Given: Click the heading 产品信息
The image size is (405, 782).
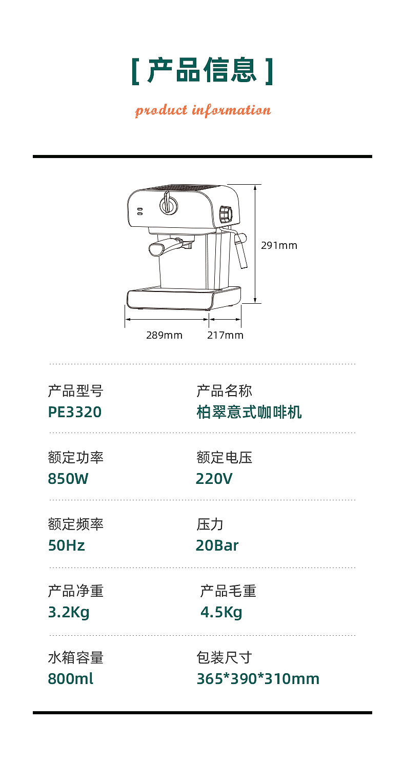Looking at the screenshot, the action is (x=202, y=71).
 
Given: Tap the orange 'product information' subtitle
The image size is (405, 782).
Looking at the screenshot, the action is (x=202, y=110).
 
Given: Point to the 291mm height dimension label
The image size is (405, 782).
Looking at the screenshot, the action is (x=279, y=245).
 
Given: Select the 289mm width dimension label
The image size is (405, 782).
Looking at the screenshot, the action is (x=164, y=335).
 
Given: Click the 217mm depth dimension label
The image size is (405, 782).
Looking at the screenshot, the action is (x=225, y=335).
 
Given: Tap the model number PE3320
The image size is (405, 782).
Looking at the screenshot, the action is (x=75, y=412).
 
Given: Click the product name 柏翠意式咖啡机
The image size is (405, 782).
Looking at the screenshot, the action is (x=249, y=412).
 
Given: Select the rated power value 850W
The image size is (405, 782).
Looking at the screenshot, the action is (x=68, y=479).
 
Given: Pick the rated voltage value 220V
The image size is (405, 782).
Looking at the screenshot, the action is (x=214, y=479).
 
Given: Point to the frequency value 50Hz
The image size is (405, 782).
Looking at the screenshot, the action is (x=67, y=545).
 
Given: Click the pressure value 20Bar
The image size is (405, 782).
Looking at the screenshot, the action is (x=217, y=545).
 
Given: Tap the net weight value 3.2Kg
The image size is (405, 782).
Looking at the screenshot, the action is (x=69, y=612).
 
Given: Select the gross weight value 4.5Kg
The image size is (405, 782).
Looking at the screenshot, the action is (x=221, y=612).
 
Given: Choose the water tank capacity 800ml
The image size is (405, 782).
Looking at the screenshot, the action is (x=71, y=679).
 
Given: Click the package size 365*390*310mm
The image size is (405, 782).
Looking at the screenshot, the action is (x=258, y=679).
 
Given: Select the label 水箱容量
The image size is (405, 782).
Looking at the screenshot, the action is (x=75, y=657).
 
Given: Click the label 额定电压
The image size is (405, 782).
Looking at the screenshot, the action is (x=224, y=457).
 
